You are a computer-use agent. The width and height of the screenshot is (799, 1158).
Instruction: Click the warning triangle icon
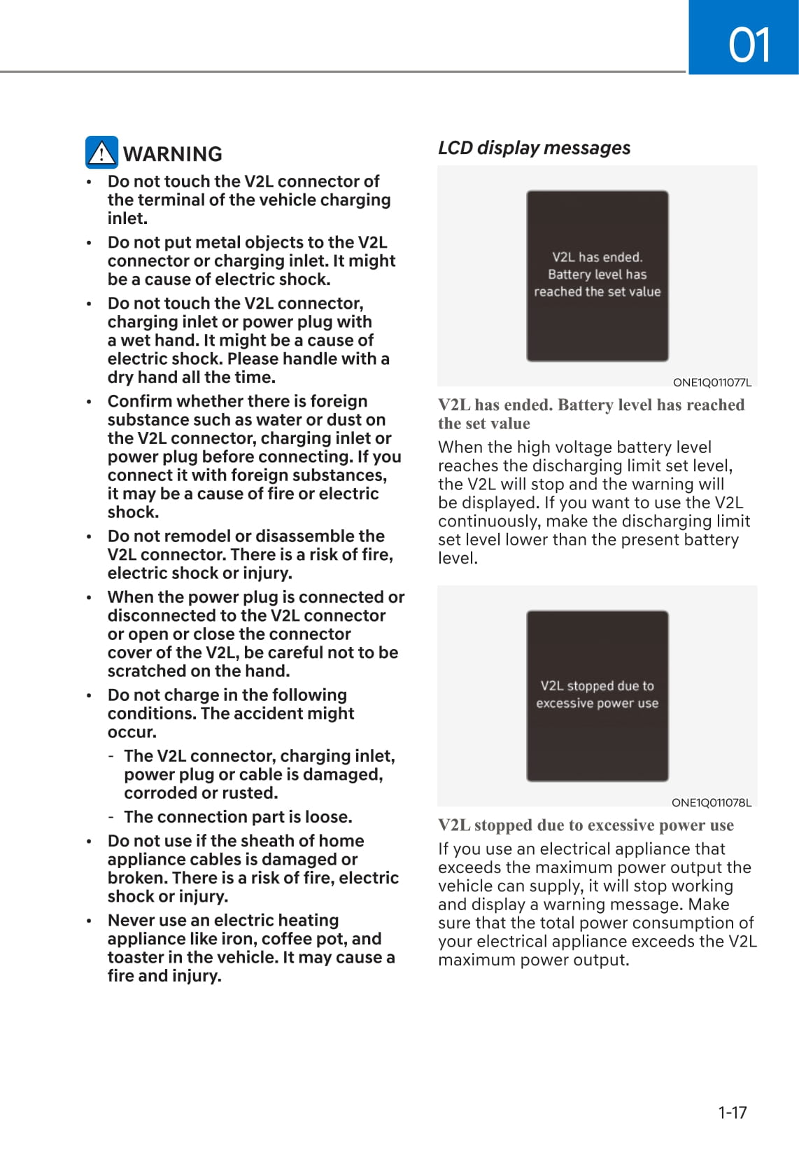click(101, 153)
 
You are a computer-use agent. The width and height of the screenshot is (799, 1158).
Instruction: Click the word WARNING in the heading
click(173, 154)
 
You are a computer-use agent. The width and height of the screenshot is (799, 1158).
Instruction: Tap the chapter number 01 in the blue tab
click(749, 45)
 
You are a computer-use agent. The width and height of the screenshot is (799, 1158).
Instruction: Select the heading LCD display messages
click(534, 148)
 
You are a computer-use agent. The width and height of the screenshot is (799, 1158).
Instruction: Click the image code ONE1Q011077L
click(712, 382)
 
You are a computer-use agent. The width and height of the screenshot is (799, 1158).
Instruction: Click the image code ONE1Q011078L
click(711, 802)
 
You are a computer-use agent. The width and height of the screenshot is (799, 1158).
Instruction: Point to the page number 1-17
click(732, 1112)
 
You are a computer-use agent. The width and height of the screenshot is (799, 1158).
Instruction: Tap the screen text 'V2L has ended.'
click(597, 257)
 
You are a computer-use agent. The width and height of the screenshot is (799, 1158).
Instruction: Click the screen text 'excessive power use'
click(597, 703)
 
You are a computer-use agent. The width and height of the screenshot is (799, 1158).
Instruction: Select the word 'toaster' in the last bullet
click(137, 957)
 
